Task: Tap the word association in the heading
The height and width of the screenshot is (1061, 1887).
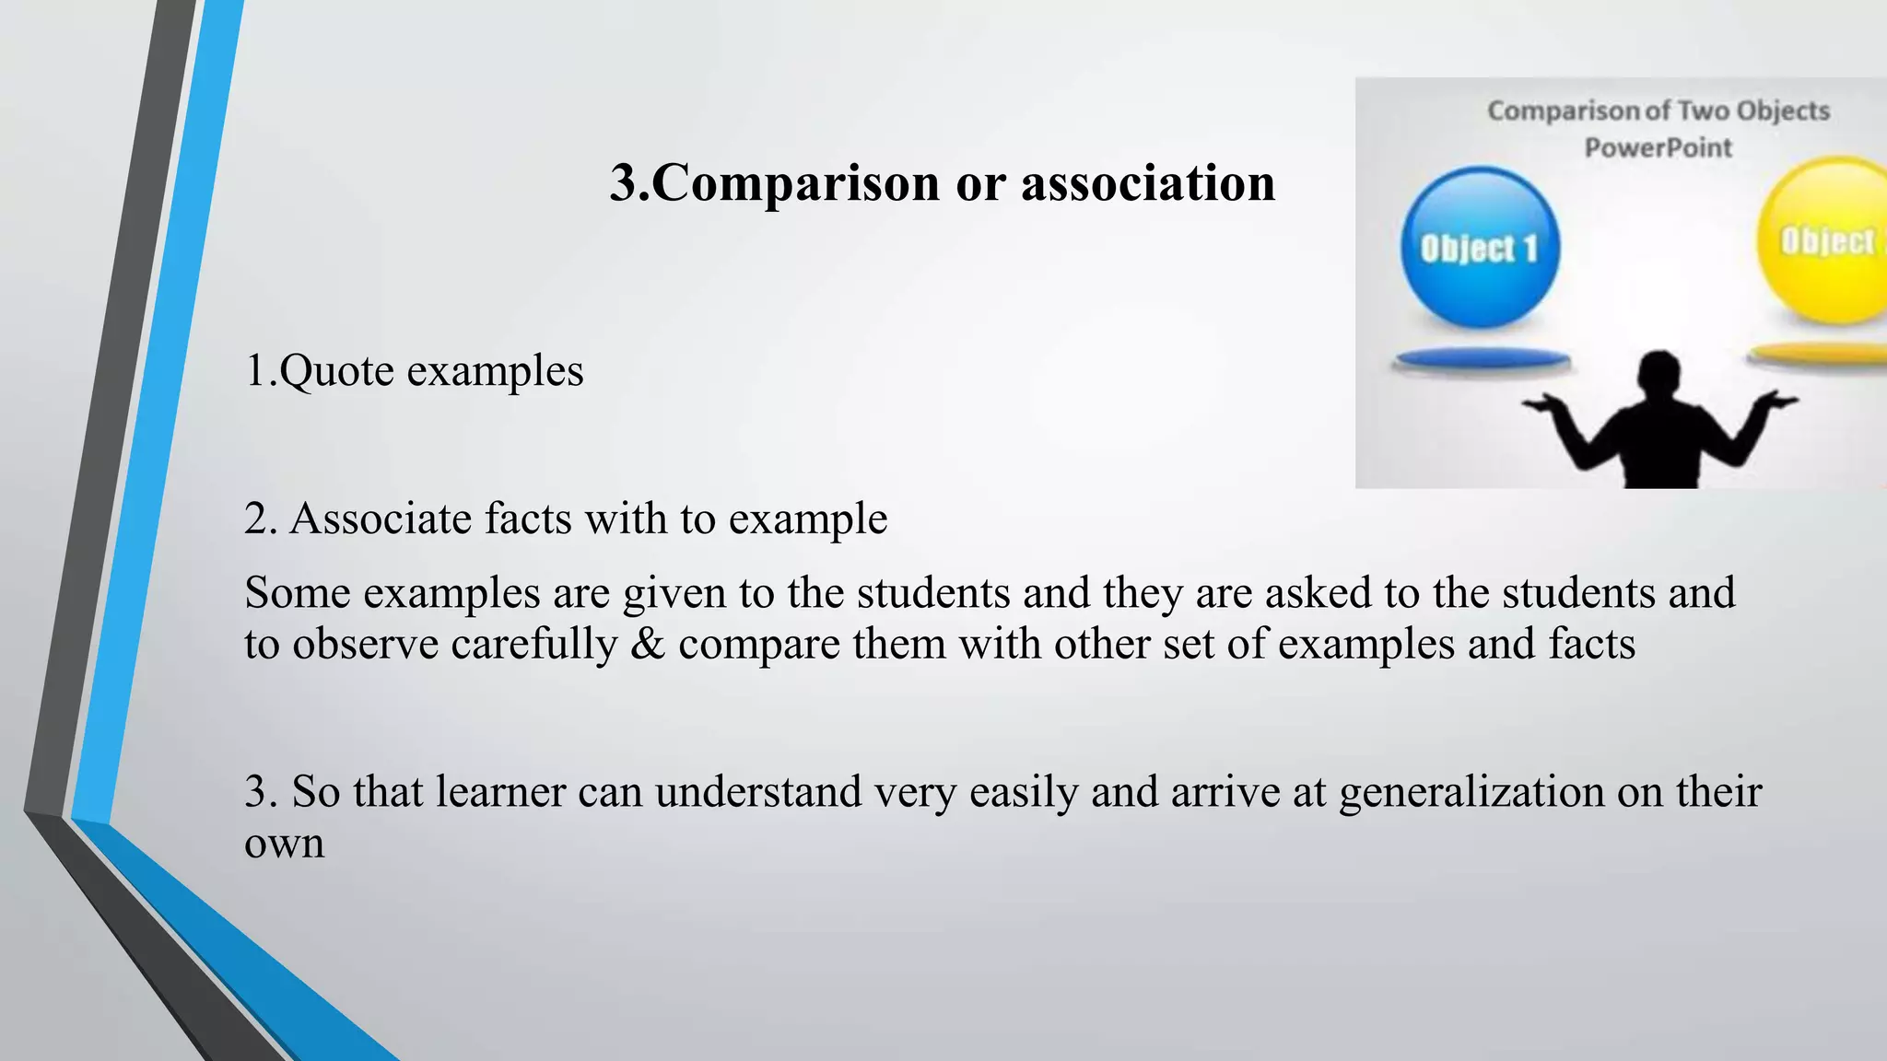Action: (x=1148, y=183)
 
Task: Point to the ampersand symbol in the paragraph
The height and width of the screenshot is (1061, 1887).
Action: (x=648, y=644)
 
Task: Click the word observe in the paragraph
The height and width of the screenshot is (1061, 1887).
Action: (x=366, y=644)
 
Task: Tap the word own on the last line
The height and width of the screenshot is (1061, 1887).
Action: (x=284, y=844)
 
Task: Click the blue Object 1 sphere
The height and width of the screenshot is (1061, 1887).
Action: (x=1480, y=247)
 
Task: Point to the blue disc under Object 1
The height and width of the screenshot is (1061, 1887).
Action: (x=1480, y=360)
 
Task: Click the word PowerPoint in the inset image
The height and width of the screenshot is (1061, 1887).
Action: (x=1658, y=147)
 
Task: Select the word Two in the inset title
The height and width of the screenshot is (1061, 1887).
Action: (x=1704, y=111)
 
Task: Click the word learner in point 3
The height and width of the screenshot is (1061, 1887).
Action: (x=500, y=792)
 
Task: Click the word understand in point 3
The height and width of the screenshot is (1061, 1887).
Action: (x=757, y=792)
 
